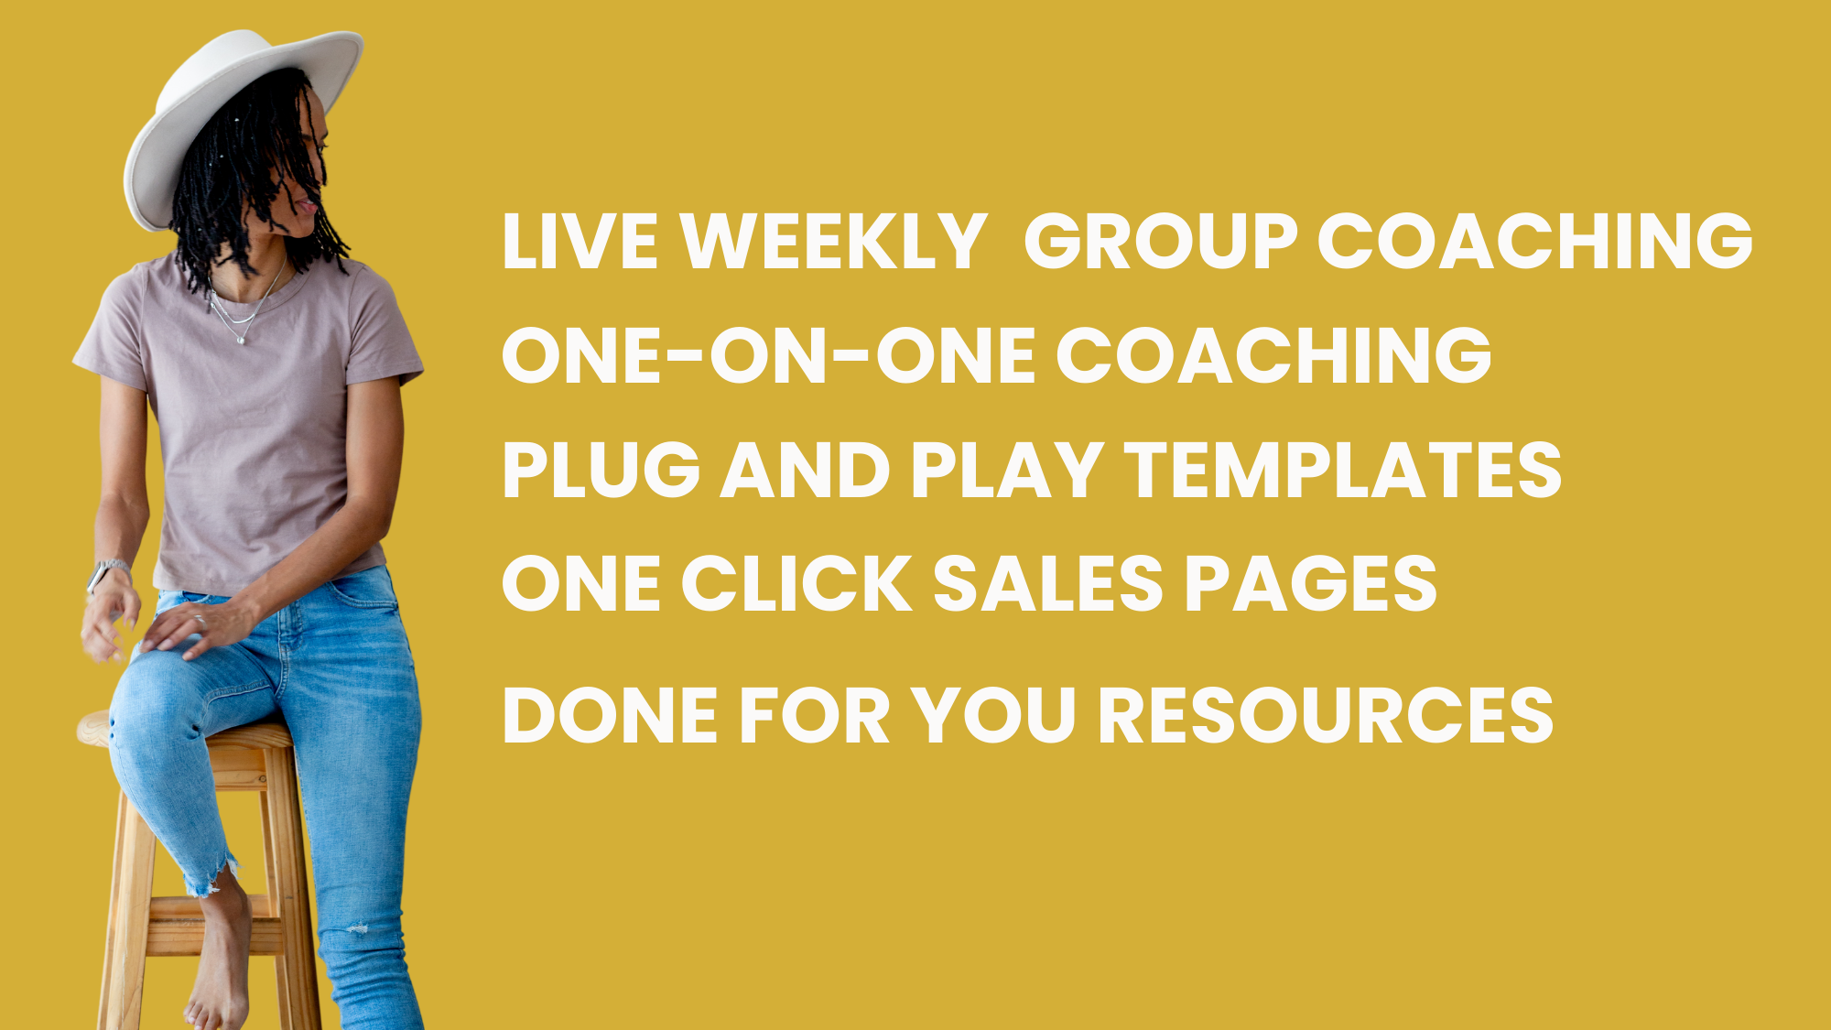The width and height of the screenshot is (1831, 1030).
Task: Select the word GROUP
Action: [x=1161, y=242]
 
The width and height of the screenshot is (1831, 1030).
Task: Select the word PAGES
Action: [x=1311, y=583]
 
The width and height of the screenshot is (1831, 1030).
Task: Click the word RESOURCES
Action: [x=1326, y=715]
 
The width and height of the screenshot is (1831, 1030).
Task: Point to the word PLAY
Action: [x=1007, y=470]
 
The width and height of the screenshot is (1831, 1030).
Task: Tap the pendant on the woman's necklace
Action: [x=242, y=341]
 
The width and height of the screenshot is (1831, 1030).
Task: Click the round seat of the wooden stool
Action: [x=183, y=732]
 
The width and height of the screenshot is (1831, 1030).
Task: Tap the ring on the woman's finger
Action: [x=199, y=619]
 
